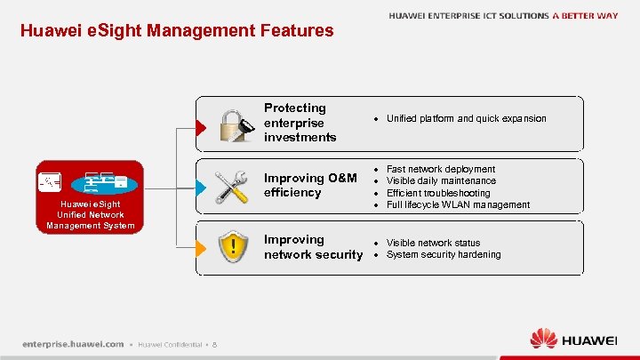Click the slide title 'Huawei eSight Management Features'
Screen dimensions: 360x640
tap(177, 31)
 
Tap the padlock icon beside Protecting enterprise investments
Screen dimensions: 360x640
tap(236, 124)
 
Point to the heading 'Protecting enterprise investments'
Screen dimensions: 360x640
tap(300, 123)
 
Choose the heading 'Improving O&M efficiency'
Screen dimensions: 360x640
tap(310, 185)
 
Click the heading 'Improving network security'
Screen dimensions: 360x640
tap(313, 247)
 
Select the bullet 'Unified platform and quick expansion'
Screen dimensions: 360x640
tap(466, 118)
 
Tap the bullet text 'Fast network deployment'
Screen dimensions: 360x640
tap(441, 169)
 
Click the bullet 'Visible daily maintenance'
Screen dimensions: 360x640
tap(441, 180)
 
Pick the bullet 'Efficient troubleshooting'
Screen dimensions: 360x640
tap(438, 193)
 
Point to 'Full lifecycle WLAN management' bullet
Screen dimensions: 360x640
tap(458, 204)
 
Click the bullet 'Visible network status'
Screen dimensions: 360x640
tap(433, 243)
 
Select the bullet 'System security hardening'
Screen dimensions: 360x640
tap(444, 254)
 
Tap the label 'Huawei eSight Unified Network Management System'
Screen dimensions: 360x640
tap(90, 214)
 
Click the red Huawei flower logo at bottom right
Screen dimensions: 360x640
tap(543, 340)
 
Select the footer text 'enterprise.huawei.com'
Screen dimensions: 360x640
tap(73, 344)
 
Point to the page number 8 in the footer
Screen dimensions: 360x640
tap(215, 344)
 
